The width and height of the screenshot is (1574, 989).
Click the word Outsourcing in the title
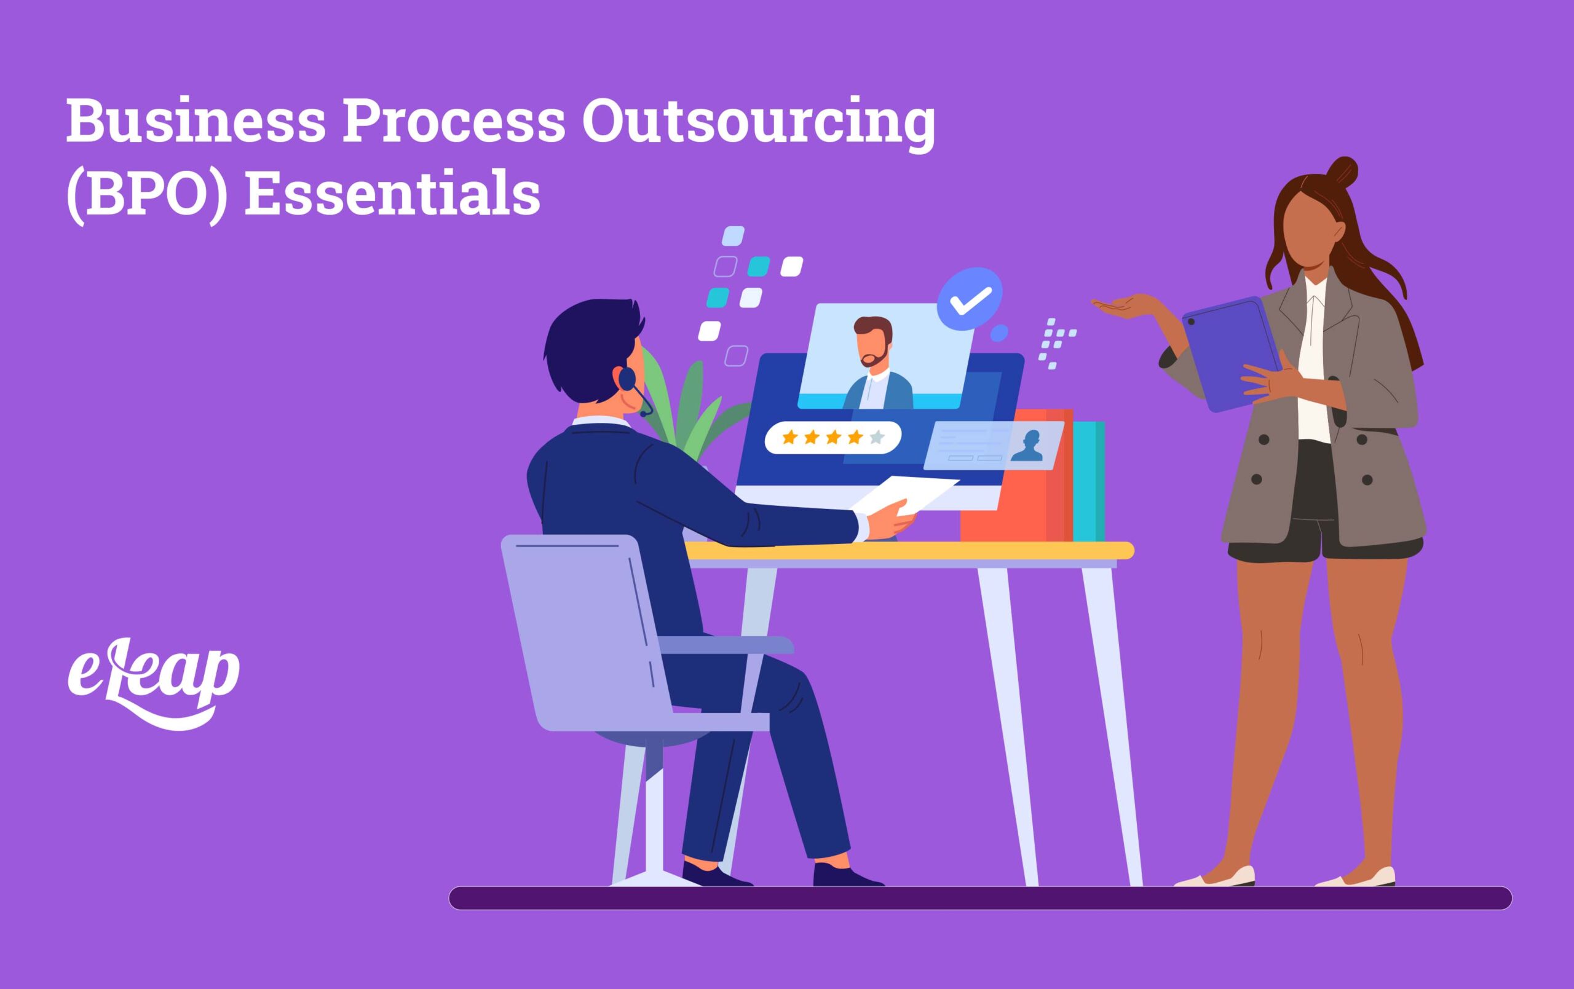pyautogui.click(x=758, y=123)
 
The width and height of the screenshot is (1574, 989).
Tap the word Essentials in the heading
pyautogui.click(x=392, y=194)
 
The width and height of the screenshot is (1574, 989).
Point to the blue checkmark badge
pyautogui.click(x=970, y=298)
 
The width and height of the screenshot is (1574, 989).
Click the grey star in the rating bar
pyautogui.click(x=877, y=436)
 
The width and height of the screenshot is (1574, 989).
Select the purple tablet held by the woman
pyautogui.click(x=1232, y=353)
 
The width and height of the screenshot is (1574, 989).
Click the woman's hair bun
pyautogui.click(x=1343, y=172)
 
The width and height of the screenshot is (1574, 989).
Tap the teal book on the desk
pyautogui.click(x=1088, y=481)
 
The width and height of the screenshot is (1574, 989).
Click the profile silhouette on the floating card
pyautogui.click(x=1026, y=445)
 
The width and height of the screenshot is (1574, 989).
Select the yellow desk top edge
pyautogui.click(x=909, y=550)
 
